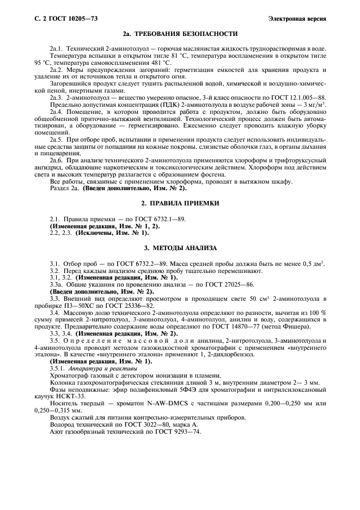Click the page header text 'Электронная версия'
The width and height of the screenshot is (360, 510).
click(x=297, y=19)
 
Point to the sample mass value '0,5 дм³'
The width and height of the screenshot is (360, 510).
click(x=312, y=263)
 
